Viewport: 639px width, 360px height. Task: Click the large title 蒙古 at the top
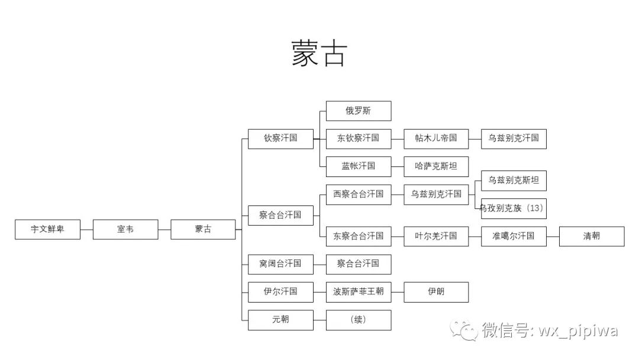pos(319,54)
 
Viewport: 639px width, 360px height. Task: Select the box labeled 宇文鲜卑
pos(48,229)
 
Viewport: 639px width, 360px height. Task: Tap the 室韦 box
pos(125,229)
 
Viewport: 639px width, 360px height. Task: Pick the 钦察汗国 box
pos(280,139)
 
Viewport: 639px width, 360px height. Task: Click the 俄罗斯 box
pos(359,111)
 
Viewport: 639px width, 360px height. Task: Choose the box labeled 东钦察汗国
pos(359,139)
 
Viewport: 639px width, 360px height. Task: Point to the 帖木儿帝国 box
pos(436,139)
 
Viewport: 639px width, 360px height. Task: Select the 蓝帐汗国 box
pos(359,166)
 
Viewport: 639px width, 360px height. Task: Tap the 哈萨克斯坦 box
pos(436,166)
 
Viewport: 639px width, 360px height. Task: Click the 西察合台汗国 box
pos(359,194)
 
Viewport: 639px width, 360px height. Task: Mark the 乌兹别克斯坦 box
pos(514,180)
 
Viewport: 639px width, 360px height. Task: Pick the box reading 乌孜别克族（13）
pos(514,208)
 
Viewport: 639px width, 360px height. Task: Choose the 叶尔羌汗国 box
pos(436,236)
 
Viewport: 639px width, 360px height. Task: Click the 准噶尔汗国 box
pos(514,236)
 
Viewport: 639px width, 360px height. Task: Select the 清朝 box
pos(592,236)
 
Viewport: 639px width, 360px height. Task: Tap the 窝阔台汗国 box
pos(280,263)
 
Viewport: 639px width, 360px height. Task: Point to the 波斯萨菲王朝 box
pos(359,292)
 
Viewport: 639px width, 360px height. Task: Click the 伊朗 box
pos(436,292)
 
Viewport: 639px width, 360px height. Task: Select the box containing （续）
pos(359,320)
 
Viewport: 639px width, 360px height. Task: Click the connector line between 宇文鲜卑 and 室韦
pos(87,229)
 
